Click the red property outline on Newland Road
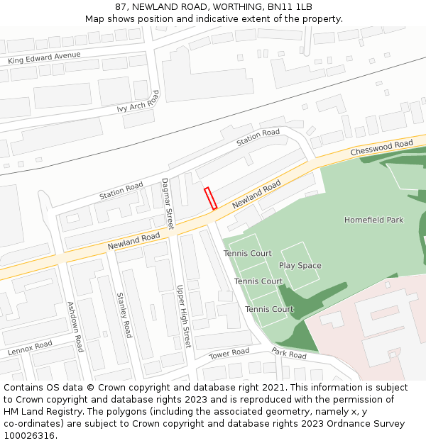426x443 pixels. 210,198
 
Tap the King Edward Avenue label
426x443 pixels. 44,58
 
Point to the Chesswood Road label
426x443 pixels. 381,148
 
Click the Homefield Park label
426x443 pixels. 373,220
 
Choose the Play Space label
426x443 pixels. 300,266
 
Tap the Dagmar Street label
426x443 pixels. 168,203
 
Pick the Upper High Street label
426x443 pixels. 183,316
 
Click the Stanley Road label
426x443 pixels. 124,315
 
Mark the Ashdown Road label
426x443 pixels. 75,327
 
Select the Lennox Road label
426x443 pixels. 30,348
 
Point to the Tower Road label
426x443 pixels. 229,353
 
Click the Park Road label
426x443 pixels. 288,354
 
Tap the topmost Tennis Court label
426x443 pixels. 248,253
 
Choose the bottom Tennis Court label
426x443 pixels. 269,309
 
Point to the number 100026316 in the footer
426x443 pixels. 31,436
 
